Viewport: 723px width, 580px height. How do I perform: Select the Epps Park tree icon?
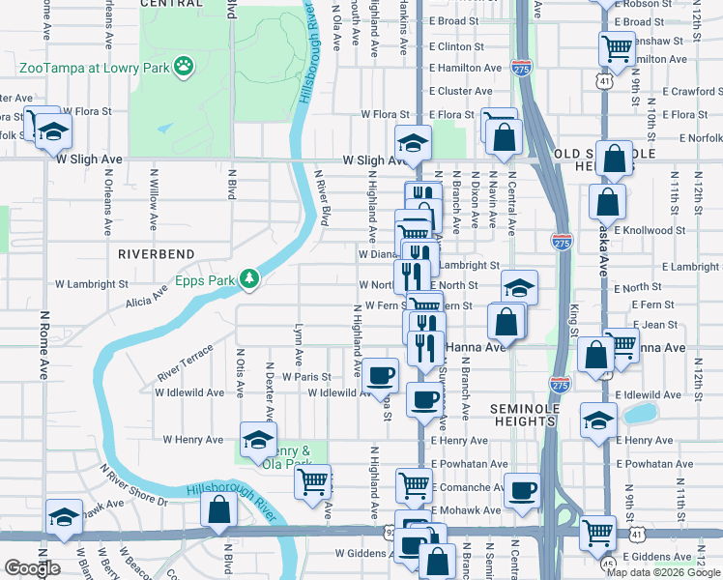point(251,278)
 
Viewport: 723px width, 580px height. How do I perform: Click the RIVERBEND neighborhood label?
point(157,253)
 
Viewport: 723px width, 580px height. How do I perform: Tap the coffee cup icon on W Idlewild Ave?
point(380,375)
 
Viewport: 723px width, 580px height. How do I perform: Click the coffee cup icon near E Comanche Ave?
point(523,490)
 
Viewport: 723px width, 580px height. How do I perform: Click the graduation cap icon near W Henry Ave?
point(257,439)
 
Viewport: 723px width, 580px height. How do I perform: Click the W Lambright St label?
point(92,285)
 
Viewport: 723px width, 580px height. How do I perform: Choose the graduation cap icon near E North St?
point(519,287)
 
